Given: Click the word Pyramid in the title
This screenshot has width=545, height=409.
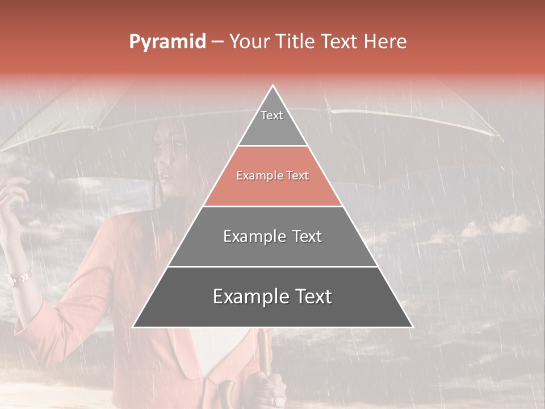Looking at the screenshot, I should tap(167, 42).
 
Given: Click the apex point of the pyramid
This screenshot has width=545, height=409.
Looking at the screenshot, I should tap(273, 86).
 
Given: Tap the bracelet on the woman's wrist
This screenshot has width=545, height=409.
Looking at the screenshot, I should tap(18, 278).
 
